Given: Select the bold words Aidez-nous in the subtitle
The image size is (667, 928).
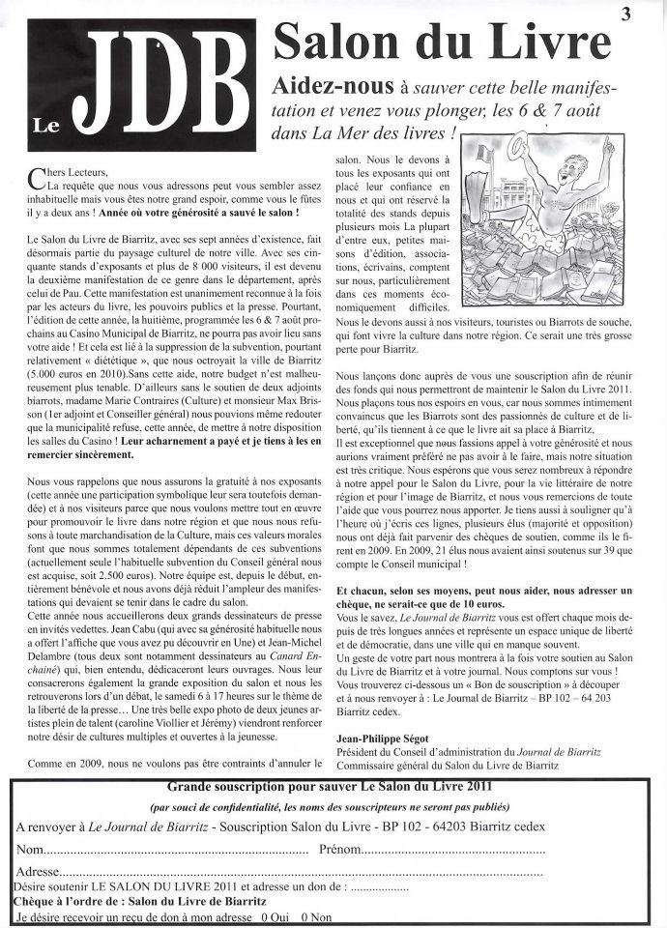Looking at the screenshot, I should [x=330, y=84].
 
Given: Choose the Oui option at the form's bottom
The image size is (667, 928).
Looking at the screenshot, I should [x=274, y=916].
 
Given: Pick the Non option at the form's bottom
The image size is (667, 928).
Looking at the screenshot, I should [x=315, y=916].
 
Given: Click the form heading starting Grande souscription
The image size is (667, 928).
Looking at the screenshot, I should [x=331, y=788].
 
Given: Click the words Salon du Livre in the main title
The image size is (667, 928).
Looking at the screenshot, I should [x=444, y=42].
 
